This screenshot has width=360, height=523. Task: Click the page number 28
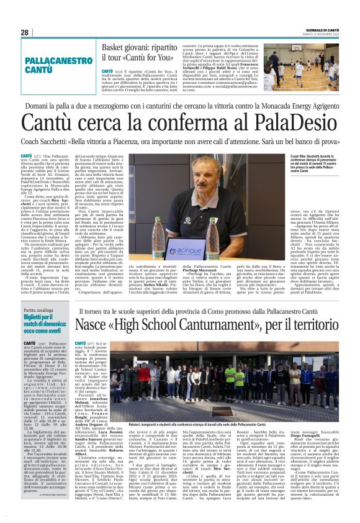[25, 32]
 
